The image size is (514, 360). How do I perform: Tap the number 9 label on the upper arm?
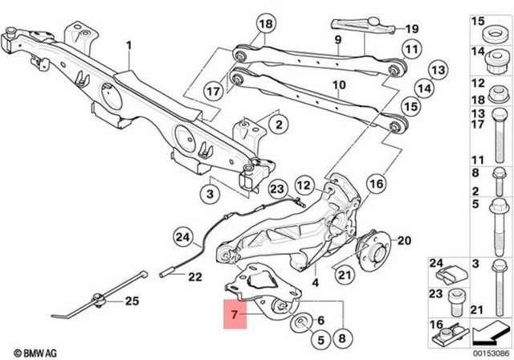point(338,39)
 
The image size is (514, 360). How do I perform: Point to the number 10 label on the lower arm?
point(338,84)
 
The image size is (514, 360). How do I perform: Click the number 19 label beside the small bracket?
point(412,28)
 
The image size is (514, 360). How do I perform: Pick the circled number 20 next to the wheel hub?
point(403,240)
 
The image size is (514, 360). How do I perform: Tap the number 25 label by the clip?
point(129,301)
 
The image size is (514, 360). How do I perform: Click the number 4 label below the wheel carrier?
point(316,282)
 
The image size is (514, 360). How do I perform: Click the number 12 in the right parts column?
point(476,84)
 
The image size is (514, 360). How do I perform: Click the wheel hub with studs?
point(371,241)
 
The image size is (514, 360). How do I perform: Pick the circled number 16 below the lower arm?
point(377,184)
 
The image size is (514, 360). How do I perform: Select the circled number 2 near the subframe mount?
point(277,125)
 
